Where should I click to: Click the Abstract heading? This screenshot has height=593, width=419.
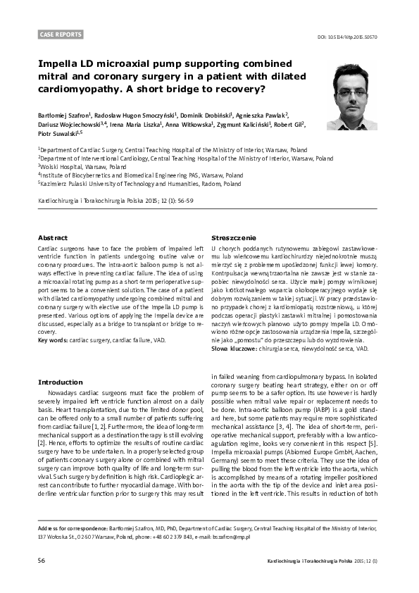(52, 239)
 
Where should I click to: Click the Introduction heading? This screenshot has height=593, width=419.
(60, 382)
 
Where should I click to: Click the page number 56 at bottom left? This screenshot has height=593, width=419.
(42, 561)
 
